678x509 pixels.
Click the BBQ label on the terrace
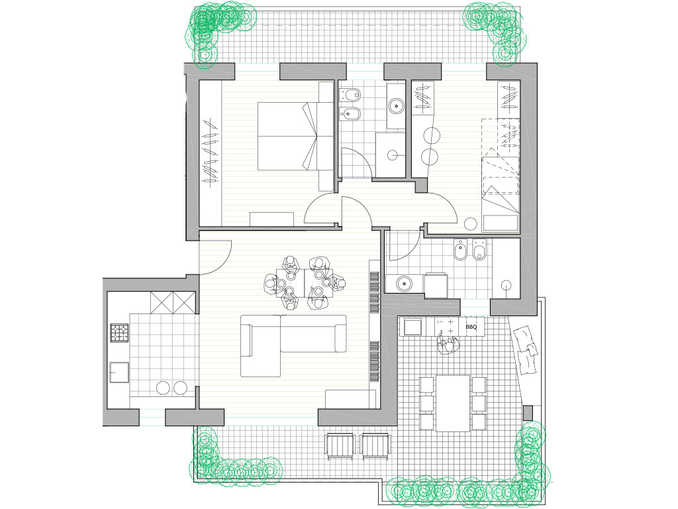click(471, 327)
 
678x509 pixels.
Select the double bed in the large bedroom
click(295, 136)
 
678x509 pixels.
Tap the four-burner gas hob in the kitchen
click(119, 333)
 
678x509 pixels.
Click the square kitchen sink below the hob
click(119, 372)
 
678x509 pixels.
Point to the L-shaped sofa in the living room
click(293, 345)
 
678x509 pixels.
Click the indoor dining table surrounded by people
click(305, 282)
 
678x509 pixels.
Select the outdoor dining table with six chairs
click(453, 404)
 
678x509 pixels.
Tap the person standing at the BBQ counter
click(449, 345)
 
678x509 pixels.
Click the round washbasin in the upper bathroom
click(396, 105)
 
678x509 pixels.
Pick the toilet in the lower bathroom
click(479, 250)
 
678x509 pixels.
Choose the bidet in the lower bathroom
click(461, 250)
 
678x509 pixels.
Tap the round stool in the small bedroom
click(471, 224)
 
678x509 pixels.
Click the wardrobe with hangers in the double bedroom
click(210, 153)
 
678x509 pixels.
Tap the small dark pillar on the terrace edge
click(528, 413)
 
